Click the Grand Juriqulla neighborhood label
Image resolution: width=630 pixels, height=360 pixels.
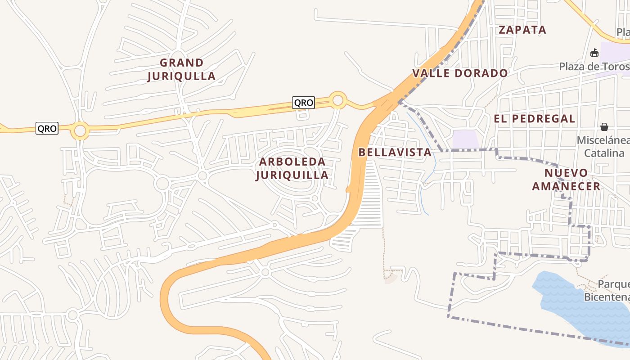coord(181,69)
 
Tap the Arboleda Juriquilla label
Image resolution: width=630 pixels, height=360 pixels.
coord(292,168)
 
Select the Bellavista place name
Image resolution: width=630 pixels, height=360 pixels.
coord(395,152)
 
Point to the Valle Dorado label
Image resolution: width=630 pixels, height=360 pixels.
coord(460,73)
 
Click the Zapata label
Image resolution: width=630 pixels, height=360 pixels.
coord(522,30)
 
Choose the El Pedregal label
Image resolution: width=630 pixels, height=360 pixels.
coord(534,119)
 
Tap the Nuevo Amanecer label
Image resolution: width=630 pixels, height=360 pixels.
coord(566,180)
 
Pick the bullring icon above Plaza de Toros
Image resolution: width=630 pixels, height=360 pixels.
coord(594,53)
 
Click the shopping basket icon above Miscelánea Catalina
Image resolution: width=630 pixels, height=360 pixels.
coord(604,127)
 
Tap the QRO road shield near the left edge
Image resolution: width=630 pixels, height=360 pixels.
coord(47,129)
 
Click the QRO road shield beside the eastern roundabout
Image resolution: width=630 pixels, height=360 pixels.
coord(303,103)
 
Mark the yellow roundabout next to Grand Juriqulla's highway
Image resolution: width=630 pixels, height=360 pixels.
coord(337,100)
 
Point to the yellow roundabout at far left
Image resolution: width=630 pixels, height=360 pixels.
coord(80,131)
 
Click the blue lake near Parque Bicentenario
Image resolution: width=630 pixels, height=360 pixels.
coord(571,306)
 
